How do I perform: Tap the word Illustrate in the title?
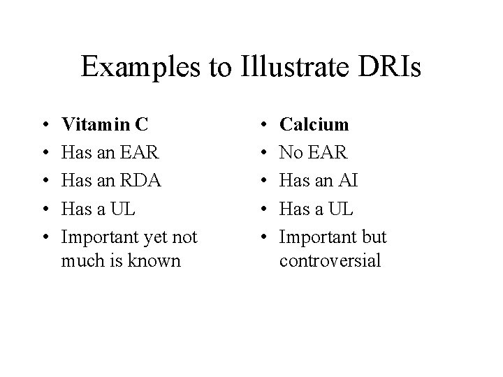click(x=295, y=67)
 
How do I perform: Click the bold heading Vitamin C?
click(x=105, y=124)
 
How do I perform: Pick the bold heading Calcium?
click(x=314, y=124)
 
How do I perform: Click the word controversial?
click(x=330, y=261)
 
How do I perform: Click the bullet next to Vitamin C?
click(x=43, y=125)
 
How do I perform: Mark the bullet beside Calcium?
click(x=261, y=125)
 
